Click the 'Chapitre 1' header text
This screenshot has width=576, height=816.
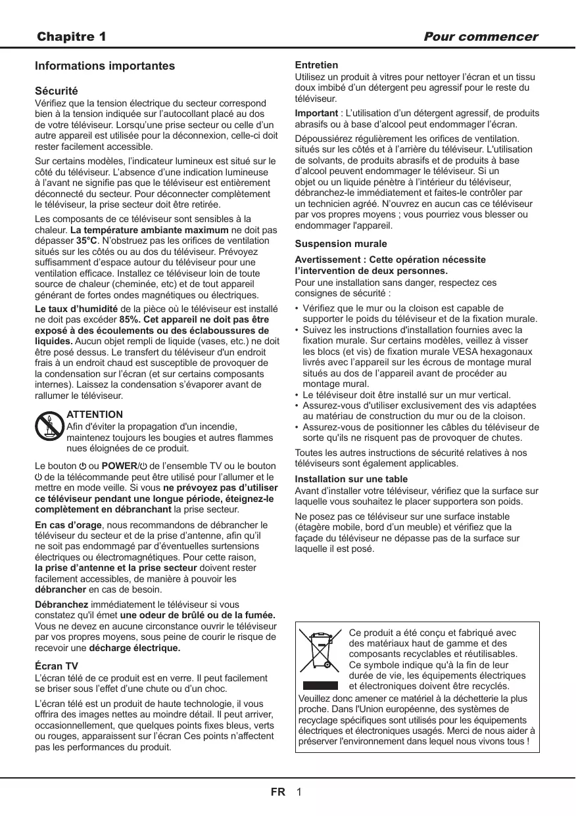[72, 37]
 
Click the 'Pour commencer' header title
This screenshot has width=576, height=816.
[481, 37]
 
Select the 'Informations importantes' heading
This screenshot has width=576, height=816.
[105, 66]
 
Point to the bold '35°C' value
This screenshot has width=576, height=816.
[88, 241]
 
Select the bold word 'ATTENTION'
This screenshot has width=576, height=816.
[95, 415]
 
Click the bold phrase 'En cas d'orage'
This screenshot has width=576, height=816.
[68, 526]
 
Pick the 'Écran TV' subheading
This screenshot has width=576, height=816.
[57, 666]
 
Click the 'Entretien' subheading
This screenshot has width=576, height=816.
[317, 66]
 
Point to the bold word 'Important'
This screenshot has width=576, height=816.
[316, 114]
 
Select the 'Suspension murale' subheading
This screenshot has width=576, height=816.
[341, 244]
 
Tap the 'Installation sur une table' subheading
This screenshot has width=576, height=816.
[351, 479]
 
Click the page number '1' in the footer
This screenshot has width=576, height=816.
[299, 792]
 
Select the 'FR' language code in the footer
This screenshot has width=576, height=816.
[278, 792]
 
